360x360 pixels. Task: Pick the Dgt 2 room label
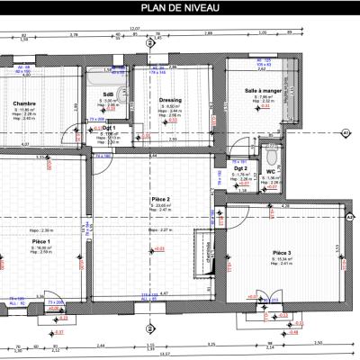(x=240, y=168)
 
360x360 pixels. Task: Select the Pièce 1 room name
(x=40, y=241)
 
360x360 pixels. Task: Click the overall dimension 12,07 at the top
(x=136, y=29)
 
